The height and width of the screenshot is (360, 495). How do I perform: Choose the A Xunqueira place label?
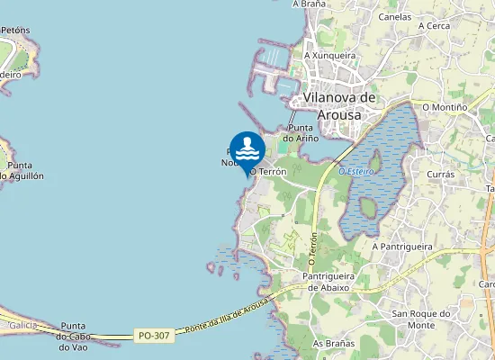[329, 56]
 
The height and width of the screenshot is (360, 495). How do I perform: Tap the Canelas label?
[395, 17]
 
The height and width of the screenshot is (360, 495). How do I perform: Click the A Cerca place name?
[434, 26]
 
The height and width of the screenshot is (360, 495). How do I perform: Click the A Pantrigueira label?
[402, 246]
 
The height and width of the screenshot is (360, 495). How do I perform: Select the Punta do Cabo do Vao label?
[74, 336]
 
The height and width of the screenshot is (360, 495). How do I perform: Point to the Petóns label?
[14, 30]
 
